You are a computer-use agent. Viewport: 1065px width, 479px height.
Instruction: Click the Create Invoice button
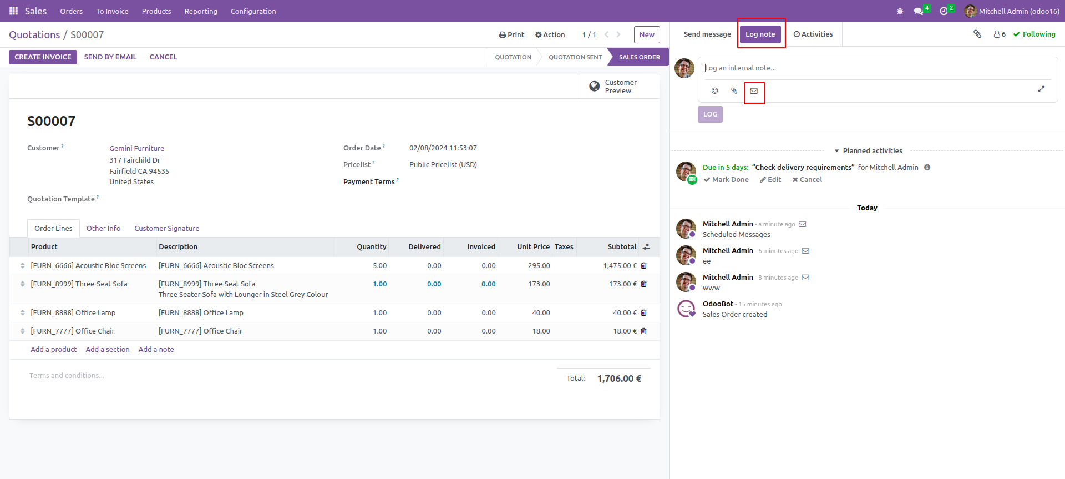point(43,57)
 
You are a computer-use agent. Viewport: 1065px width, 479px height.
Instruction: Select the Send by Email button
point(110,57)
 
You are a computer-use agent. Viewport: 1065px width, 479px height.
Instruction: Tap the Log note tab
point(760,34)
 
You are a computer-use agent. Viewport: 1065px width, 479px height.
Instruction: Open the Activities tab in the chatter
point(813,34)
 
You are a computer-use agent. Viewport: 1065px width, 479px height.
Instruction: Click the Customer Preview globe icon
point(595,87)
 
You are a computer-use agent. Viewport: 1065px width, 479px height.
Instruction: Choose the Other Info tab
point(103,229)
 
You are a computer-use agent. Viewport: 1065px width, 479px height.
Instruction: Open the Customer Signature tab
point(166,229)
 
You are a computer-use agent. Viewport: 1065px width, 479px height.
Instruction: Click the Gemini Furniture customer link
point(136,149)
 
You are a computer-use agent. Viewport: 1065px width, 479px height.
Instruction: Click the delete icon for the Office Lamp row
point(644,313)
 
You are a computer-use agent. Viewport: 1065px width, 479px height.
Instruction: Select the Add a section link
point(108,350)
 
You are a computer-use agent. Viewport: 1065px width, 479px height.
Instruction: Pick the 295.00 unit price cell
point(539,266)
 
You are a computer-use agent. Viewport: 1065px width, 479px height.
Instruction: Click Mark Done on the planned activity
point(726,180)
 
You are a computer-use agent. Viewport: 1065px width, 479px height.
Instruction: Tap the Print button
point(511,35)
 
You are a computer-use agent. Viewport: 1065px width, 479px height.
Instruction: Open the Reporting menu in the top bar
point(201,11)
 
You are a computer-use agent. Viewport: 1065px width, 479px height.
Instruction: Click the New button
point(647,35)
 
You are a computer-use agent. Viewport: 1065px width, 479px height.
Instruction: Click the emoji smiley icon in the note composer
point(714,91)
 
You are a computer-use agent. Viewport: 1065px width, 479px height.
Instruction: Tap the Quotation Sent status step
point(575,57)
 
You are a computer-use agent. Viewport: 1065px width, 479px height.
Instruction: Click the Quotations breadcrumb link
point(34,35)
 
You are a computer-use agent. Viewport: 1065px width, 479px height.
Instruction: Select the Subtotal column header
point(621,247)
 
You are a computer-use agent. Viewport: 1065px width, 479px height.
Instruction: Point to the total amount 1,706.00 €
point(619,379)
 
